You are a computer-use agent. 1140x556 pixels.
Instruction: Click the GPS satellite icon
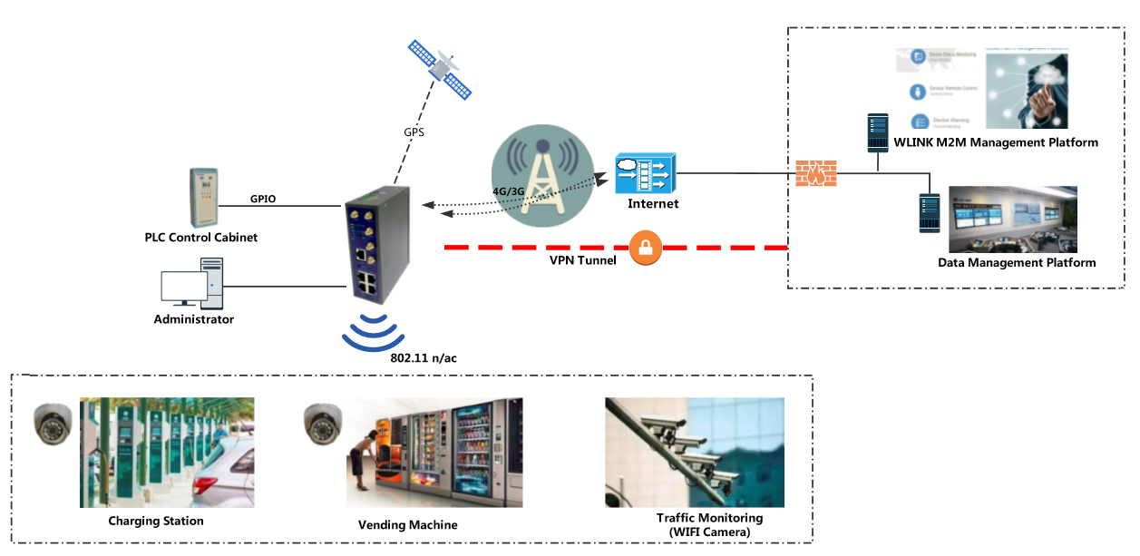(440, 69)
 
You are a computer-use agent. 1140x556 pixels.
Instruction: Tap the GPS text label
(414, 132)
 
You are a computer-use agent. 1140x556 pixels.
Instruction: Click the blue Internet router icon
(645, 173)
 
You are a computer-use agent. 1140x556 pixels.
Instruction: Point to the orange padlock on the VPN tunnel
(645, 247)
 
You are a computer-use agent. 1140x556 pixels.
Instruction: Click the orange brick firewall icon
(815, 172)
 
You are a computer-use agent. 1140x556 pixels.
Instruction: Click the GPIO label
(263, 198)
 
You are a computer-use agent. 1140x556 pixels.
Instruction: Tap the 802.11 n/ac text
(423, 358)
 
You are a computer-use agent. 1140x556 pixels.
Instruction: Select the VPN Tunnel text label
(582, 260)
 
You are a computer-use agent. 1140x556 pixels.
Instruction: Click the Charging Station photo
(167, 452)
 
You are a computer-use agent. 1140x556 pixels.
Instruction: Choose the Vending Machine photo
(434, 452)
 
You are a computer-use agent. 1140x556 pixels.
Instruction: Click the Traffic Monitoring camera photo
(694, 452)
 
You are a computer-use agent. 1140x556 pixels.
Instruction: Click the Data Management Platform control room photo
(1012, 219)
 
